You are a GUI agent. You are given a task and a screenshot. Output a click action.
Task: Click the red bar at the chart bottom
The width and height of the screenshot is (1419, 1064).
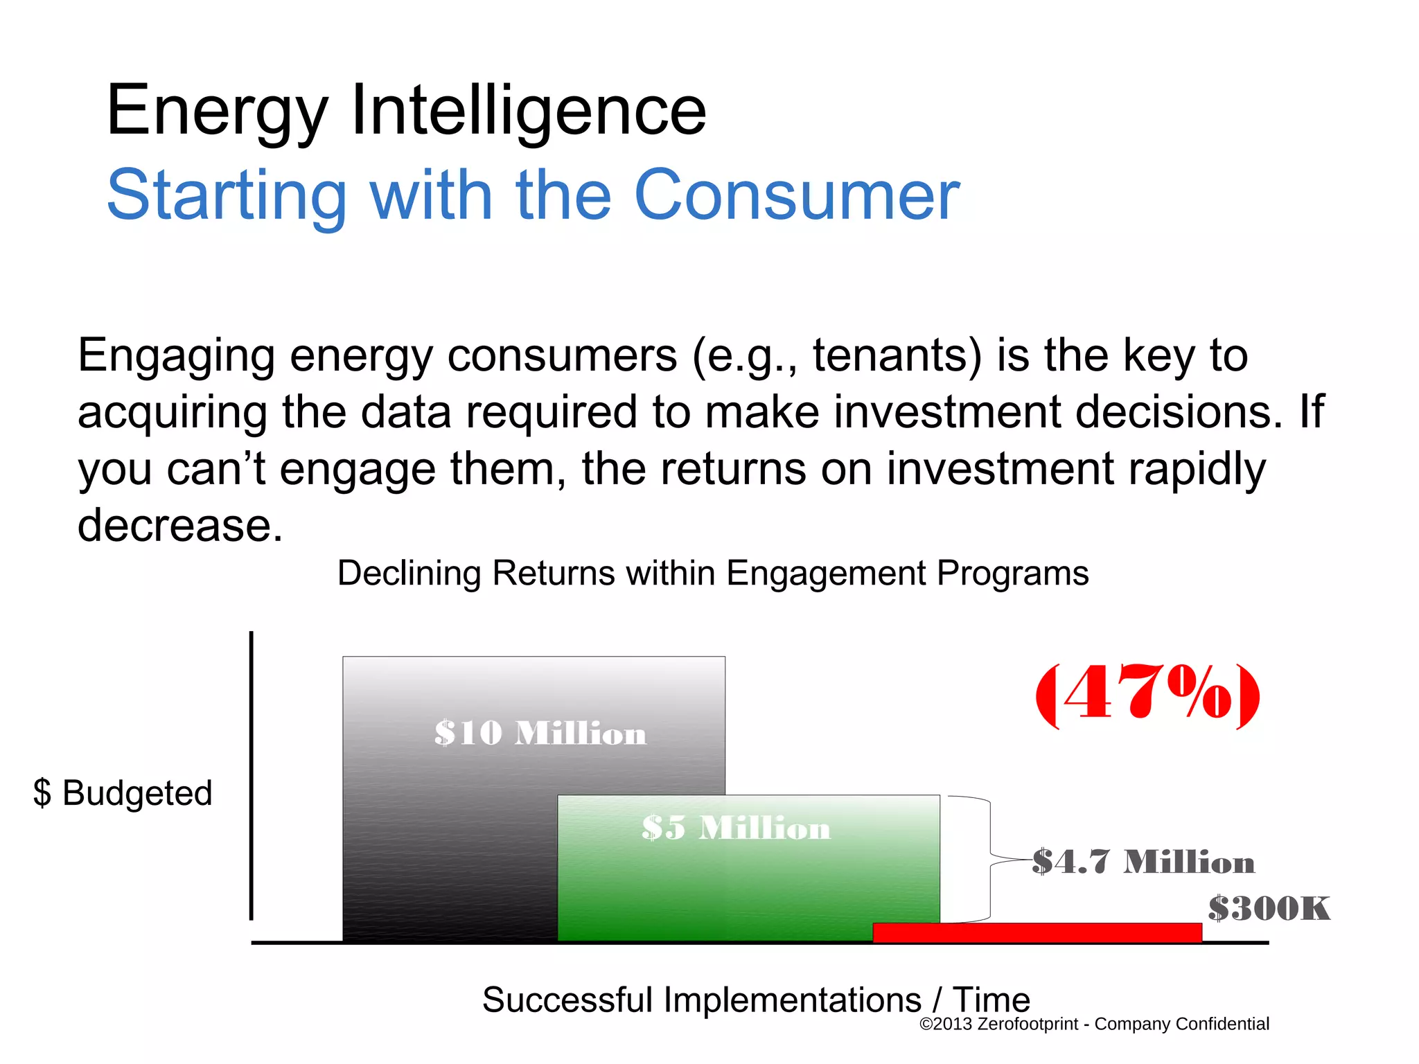tap(1037, 932)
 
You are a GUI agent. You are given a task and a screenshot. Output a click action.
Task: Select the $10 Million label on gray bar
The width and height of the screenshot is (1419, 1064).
tap(540, 733)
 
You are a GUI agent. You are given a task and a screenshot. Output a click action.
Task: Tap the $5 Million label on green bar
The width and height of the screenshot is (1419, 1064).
tap(735, 827)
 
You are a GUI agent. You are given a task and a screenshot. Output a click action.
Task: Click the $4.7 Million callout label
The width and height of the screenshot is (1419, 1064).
tap(1143, 862)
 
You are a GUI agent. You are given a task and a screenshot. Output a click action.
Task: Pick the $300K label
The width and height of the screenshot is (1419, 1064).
tap(1269, 908)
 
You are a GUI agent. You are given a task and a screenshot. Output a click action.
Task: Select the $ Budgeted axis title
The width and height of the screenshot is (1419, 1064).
tap(123, 792)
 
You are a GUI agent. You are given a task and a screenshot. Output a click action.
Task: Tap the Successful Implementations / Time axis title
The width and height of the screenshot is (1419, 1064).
tap(756, 1000)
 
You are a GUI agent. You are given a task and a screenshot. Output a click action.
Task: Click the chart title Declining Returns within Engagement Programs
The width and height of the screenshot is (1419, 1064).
tap(712, 573)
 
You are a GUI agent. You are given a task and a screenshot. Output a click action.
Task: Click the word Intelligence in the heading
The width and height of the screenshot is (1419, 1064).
tap(529, 111)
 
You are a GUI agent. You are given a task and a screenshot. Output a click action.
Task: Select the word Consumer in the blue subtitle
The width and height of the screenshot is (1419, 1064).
tap(796, 196)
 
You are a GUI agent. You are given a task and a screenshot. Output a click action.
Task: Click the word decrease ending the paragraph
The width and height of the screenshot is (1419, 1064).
tap(179, 525)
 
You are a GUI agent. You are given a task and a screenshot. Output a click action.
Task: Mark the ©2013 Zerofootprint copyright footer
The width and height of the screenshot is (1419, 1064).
tap(1093, 1024)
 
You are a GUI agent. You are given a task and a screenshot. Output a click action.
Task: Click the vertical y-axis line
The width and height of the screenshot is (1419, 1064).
tap(251, 776)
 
